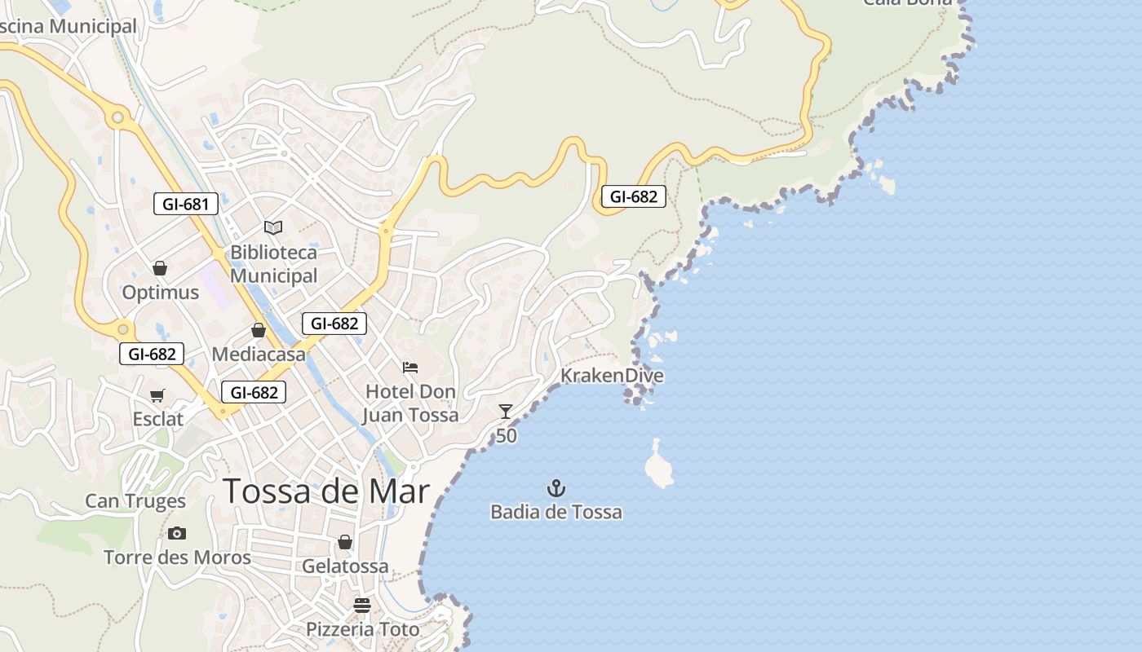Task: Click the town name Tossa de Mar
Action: tap(325, 491)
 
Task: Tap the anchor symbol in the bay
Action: tap(556, 488)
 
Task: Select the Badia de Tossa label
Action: tap(556, 512)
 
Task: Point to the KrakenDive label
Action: tap(612, 376)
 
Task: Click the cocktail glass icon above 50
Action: tap(506, 412)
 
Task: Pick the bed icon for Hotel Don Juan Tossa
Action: tap(410, 368)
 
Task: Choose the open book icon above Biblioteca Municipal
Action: tap(273, 227)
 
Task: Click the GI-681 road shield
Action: tap(186, 204)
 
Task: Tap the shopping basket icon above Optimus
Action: tap(160, 267)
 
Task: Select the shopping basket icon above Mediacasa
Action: tap(259, 330)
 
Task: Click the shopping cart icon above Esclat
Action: tap(157, 395)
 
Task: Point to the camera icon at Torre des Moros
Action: tap(177, 534)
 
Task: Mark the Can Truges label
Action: tap(135, 500)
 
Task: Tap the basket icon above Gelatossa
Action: tap(345, 542)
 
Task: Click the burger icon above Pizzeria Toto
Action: tap(362, 606)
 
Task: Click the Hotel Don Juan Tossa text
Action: tap(410, 403)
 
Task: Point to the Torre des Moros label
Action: tap(177, 557)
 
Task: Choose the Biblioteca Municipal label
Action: tap(273, 264)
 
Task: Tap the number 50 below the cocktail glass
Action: tap(506, 436)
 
